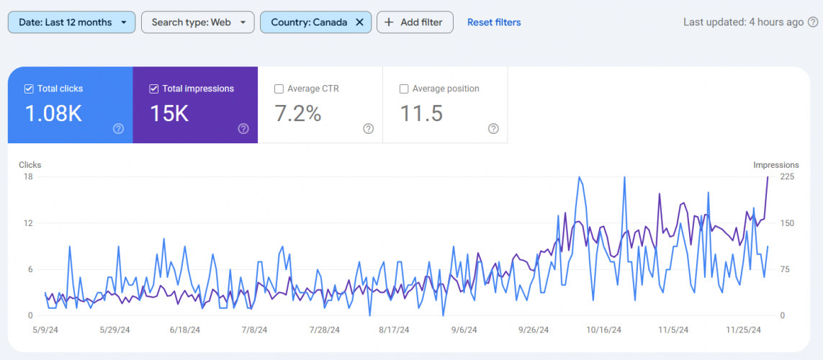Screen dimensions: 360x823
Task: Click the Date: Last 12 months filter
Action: tap(71, 22)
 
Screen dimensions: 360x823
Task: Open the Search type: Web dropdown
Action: tap(197, 22)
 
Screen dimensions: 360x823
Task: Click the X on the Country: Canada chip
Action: tap(359, 22)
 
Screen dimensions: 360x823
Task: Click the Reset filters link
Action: tap(494, 22)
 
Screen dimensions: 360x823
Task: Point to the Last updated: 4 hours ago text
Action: tap(742, 22)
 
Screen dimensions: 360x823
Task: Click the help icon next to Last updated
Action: tap(813, 22)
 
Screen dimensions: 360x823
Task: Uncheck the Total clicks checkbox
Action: tap(29, 89)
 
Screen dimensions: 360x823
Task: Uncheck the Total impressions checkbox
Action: tap(153, 89)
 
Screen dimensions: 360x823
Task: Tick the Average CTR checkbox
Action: tap(279, 89)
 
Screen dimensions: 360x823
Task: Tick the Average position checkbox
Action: tap(404, 89)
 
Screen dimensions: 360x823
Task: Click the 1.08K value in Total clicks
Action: tap(53, 114)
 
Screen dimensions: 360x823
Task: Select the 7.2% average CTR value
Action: tap(298, 114)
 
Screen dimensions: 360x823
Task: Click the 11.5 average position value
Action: tap(421, 114)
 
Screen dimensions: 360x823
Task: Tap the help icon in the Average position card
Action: tap(493, 129)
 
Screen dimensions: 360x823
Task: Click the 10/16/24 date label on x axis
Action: tap(603, 330)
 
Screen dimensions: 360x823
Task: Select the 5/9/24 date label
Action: tap(45, 330)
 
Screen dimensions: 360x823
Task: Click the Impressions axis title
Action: tap(775, 165)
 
